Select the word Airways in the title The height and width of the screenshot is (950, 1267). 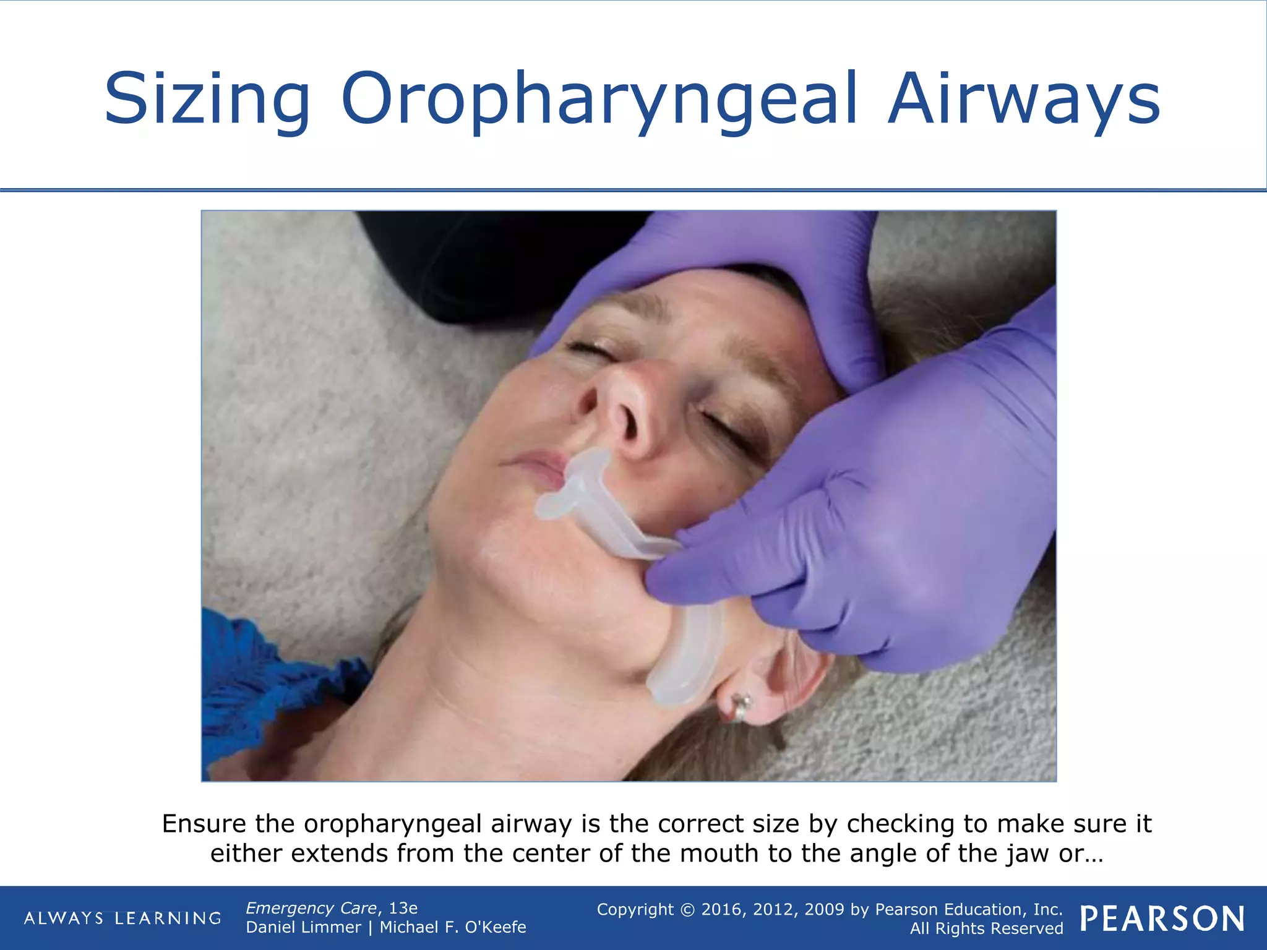click(1024, 99)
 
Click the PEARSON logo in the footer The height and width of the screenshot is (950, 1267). click(1162, 918)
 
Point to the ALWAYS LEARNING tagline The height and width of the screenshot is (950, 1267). click(122, 918)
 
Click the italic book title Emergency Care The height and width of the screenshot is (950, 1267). click(311, 908)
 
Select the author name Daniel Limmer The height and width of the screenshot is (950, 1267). click(303, 927)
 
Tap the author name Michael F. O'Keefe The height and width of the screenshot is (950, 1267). click(453, 927)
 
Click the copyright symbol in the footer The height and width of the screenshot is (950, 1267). click(687, 909)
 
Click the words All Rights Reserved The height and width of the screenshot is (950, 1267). click(986, 928)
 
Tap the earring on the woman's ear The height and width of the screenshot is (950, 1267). click(741, 706)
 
